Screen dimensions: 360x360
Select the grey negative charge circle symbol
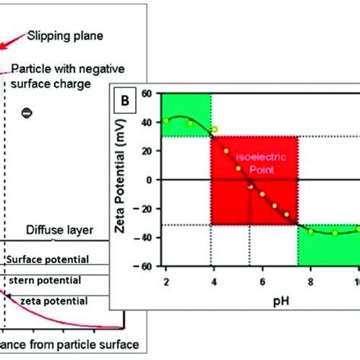(x=26, y=113)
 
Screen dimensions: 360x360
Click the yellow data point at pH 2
(x=166, y=121)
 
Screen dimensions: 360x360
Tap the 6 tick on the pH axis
(x=257, y=282)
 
